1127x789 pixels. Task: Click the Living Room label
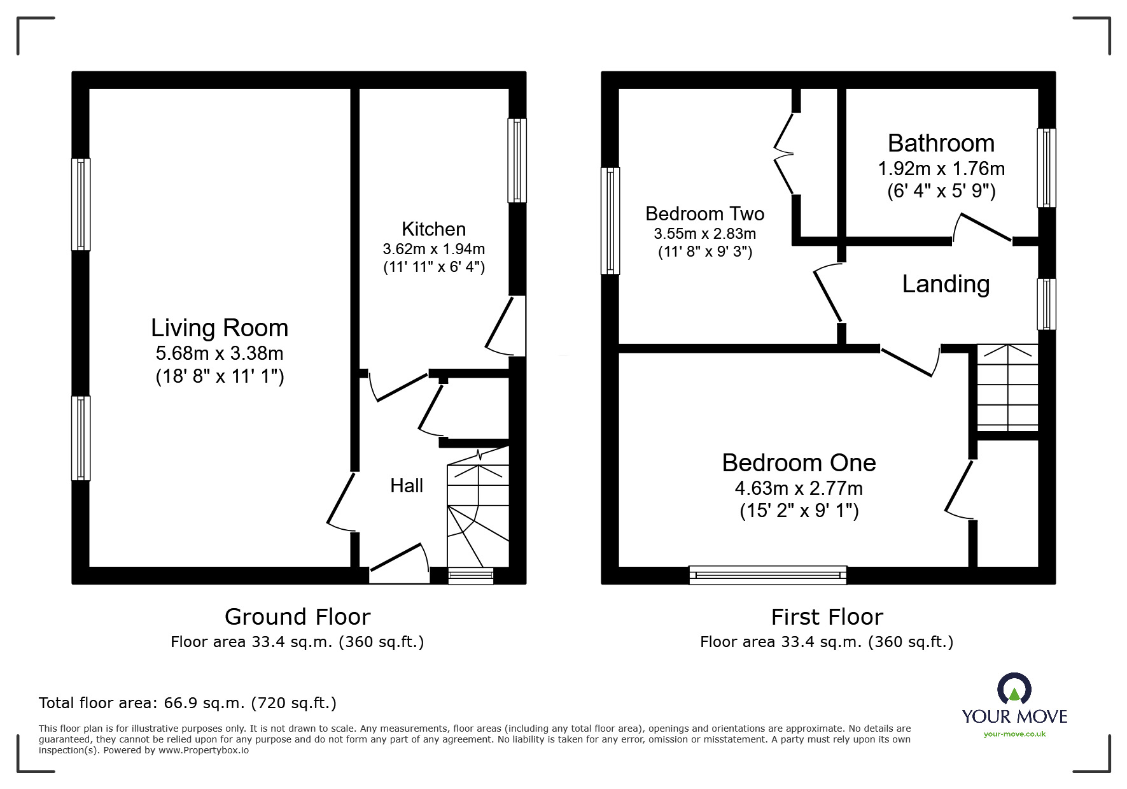(220, 328)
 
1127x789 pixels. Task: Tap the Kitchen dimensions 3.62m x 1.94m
(433, 249)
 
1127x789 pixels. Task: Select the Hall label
(407, 486)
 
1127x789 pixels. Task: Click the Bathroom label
(941, 143)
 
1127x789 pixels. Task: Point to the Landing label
(946, 284)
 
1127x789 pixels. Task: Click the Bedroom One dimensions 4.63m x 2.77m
(799, 488)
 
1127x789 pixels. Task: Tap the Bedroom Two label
(704, 213)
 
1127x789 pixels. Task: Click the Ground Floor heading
(297, 616)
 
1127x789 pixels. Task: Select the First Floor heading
(827, 616)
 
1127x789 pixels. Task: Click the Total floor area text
(188, 703)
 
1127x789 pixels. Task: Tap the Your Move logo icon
(1014, 690)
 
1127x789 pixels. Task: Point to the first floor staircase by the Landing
(1007, 387)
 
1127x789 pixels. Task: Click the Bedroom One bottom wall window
(767, 575)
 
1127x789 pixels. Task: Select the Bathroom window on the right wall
(1046, 168)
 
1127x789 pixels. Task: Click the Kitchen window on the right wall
(517, 160)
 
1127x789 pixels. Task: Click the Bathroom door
(983, 229)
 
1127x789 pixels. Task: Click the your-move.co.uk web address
(1014, 734)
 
